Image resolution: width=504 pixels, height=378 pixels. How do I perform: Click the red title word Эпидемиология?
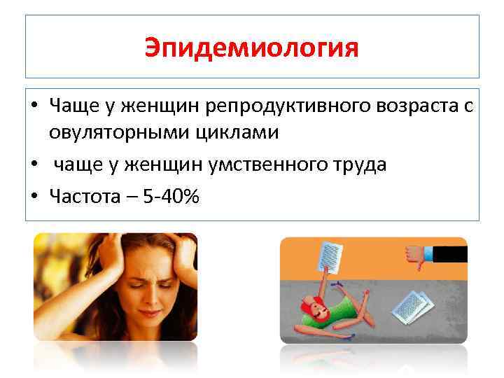252,48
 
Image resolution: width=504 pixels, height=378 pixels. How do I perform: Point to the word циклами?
239,132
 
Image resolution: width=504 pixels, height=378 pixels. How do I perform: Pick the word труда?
357,164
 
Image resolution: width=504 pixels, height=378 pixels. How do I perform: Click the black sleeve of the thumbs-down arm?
451,253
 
